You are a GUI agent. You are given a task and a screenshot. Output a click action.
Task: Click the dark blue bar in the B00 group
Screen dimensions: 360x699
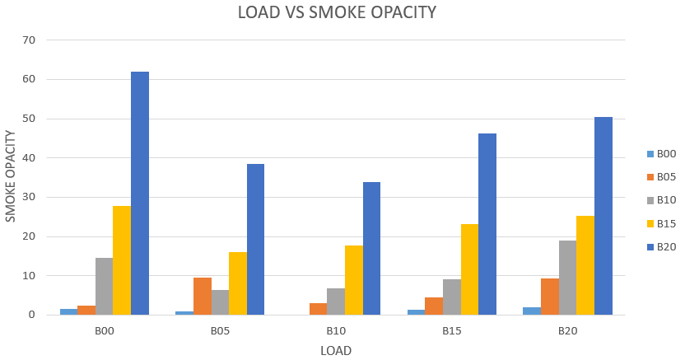(140, 193)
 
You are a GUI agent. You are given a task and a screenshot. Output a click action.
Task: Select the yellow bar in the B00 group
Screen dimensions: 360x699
(122, 259)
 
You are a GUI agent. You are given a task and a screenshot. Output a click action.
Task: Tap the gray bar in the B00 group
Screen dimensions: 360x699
(104, 286)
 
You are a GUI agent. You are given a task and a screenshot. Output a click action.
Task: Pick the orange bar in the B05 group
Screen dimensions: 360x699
(202, 296)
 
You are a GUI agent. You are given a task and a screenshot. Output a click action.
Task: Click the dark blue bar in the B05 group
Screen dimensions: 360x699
(255, 239)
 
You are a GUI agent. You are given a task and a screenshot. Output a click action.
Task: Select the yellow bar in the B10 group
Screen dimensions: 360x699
(353, 280)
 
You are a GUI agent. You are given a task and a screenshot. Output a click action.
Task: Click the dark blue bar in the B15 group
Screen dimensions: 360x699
(487, 224)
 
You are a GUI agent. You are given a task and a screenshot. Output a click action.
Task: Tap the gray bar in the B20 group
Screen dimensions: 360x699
(567, 278)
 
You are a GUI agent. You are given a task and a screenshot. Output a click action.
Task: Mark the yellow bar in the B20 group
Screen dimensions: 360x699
(585, 265)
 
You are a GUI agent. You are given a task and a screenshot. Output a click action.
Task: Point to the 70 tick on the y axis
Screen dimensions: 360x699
(29, 40)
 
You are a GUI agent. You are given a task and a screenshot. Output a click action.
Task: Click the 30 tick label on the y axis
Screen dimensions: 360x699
(29, 198)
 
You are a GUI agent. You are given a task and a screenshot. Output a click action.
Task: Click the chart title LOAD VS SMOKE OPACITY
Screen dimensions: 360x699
(337, 12)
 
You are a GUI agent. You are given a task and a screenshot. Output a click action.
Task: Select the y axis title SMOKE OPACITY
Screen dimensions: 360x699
(11, 175)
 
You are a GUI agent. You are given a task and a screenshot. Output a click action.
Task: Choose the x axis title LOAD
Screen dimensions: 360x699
(335, 350)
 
